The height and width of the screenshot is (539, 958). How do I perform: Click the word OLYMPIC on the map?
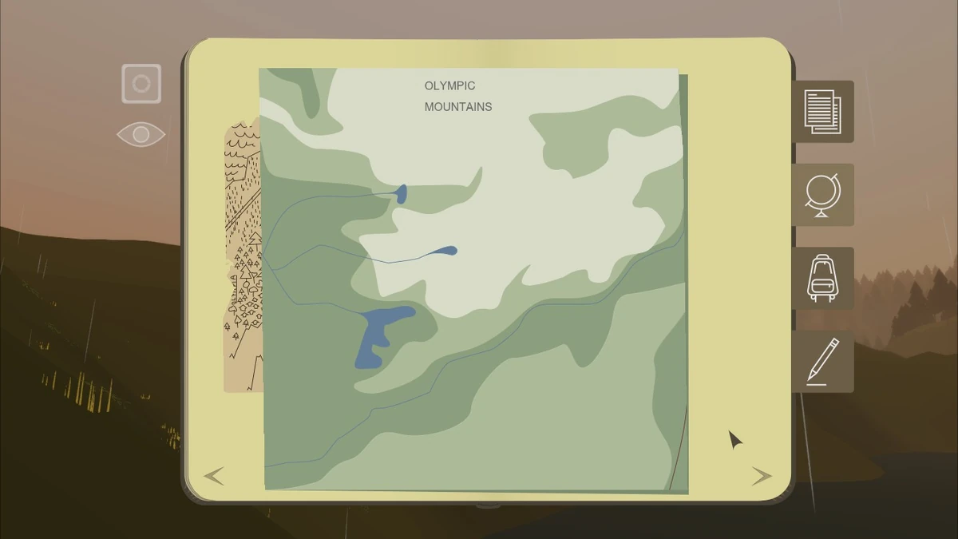449,86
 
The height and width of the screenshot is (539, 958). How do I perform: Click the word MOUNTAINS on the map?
458,107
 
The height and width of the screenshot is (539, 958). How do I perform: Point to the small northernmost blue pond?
401,193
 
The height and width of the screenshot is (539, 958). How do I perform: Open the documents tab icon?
822,112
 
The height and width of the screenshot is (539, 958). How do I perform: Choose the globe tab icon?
822,195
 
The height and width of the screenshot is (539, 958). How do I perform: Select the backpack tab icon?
822,278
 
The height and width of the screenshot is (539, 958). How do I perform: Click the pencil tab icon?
822,362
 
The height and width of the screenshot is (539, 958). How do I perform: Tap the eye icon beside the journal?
141,134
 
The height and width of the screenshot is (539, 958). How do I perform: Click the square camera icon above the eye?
141,84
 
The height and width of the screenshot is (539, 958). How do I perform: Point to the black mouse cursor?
734,439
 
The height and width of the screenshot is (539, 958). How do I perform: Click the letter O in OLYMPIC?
429,86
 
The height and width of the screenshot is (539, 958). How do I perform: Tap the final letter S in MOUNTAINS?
489,107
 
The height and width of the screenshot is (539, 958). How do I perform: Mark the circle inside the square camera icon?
141,84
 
